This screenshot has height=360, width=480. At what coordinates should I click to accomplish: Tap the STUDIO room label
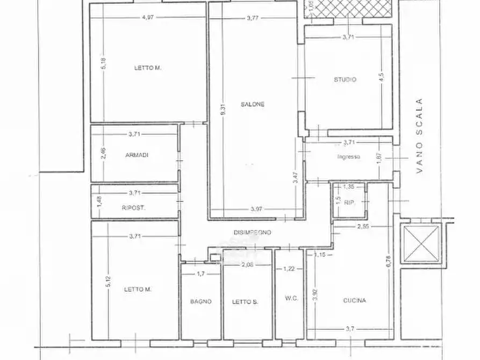coord(345,80)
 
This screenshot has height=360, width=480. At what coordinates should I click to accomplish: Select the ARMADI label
coord(137,155)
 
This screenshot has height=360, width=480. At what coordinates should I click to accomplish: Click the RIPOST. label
coord(133,207)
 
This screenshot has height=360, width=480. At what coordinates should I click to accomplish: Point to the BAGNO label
coord(200,301)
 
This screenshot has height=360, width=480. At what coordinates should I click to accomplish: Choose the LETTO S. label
coord(245,301)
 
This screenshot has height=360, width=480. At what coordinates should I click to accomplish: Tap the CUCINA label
coord(355,300)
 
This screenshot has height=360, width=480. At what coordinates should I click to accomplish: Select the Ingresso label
coord(348,157)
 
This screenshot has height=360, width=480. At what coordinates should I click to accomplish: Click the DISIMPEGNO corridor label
coord(252,233)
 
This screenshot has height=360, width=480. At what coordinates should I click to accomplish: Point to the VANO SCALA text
coord(420,135)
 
